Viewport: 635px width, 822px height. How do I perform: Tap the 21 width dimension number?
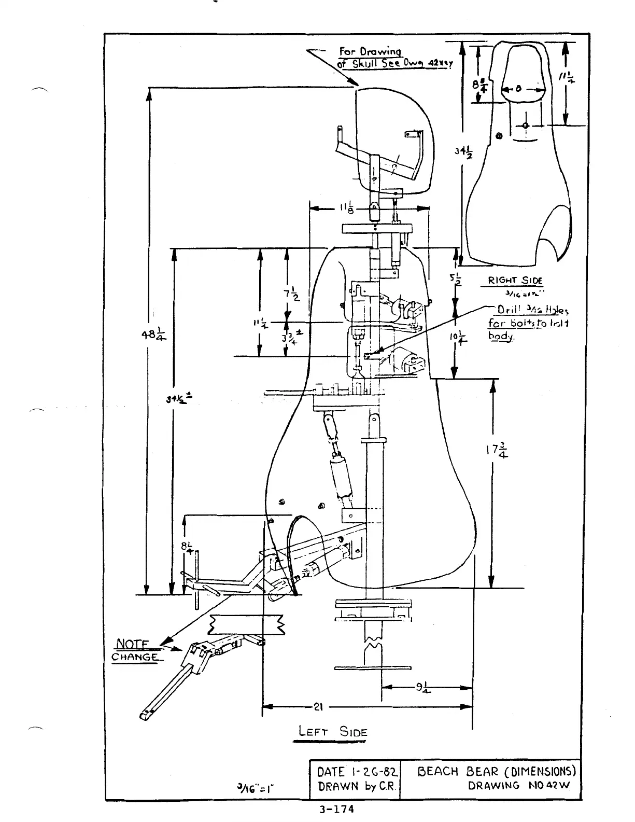point(318,706)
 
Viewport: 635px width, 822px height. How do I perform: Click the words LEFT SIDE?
point(332,732)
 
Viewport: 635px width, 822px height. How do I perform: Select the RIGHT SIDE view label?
point(515,281)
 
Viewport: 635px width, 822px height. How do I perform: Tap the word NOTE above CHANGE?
point(132,645)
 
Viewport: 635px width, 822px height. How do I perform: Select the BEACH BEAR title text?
point(497,771)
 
